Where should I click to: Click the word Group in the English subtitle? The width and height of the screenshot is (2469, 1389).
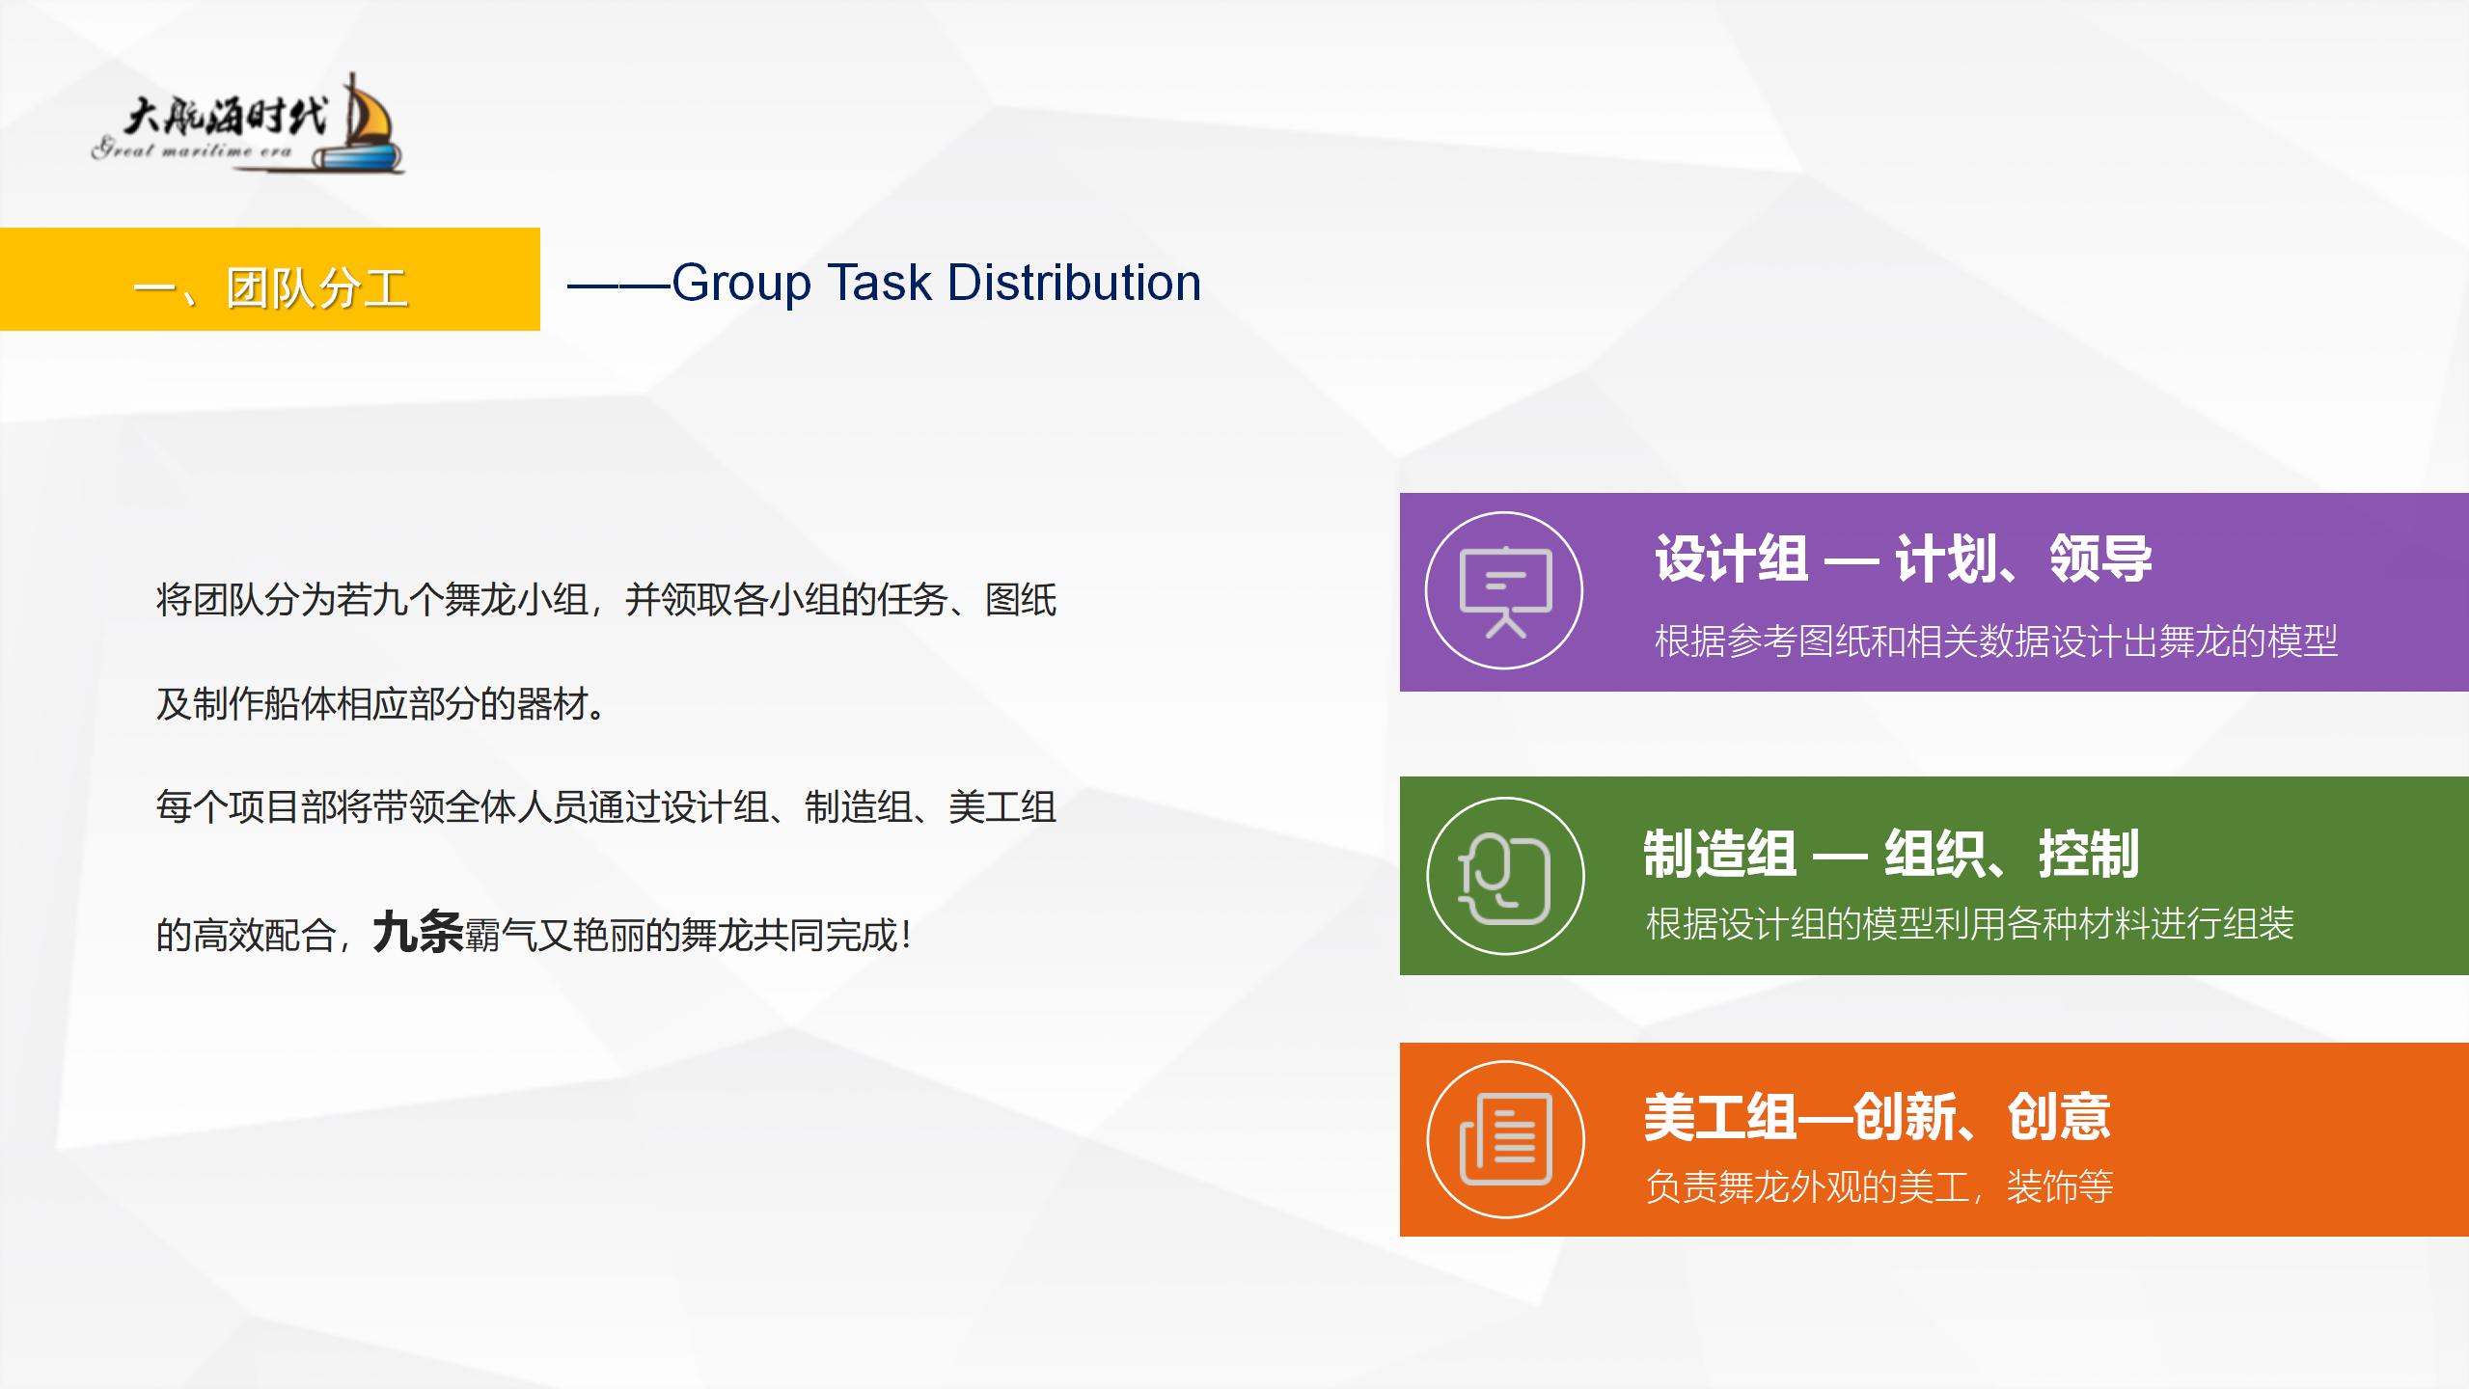[x=741, y=285]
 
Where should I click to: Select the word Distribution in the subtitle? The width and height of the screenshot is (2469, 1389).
[x=1074, y=283]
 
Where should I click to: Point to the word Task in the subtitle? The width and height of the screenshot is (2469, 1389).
[x=879, y=283]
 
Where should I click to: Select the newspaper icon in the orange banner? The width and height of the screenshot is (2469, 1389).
[x=1505, y=1139]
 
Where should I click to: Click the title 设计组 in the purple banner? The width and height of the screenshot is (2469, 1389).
[x=1731, y=558]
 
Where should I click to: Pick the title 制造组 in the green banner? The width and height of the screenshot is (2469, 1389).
[x=1719, y=854]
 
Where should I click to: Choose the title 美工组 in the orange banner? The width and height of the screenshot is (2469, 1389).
[x=1719, y=1117]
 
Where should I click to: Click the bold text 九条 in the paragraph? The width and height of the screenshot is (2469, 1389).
[x=418, y=932]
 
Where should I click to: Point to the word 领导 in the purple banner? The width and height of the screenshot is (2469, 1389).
[x=2100, y=558]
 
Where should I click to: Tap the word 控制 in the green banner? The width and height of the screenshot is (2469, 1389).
[x=2089, y=854]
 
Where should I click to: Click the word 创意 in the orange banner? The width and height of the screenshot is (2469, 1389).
[x=2059, y=1117]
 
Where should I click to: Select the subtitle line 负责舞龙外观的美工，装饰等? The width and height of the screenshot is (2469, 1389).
[x=1879, y=1186]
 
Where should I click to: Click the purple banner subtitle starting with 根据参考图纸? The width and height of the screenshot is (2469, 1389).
[x=1996, y=641]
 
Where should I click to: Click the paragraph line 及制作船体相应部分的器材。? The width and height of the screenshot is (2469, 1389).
[x=382, y=704]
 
